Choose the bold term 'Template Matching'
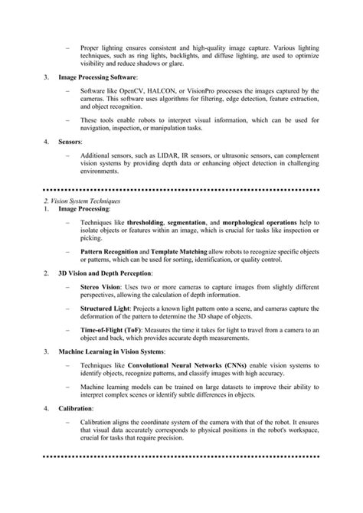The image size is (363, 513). pyautogui.click(x=183, y=251)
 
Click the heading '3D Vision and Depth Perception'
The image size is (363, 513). pyautogui.click(x=105, y=273)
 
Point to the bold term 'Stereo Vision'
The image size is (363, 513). pyautogui.click(x=100, y=286)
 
